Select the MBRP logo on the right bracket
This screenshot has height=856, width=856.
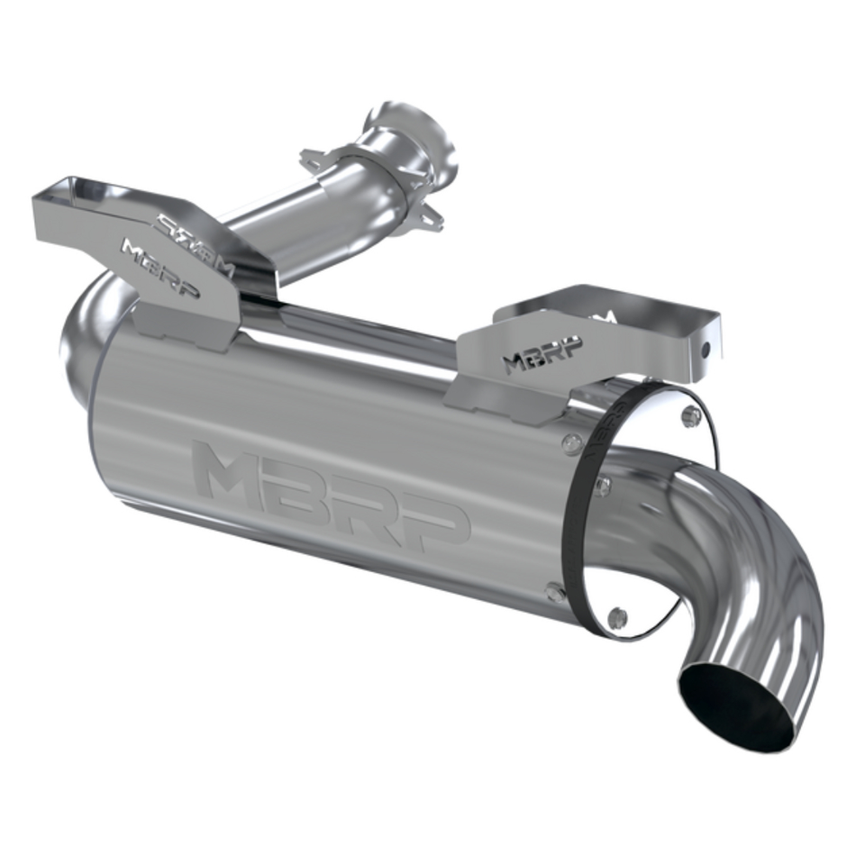[x=542, y=354]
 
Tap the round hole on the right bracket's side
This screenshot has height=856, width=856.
[x=708, y=350]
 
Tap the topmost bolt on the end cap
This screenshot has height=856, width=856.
[x=691, y=415]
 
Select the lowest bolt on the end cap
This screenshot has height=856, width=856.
[x=617, y=618]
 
